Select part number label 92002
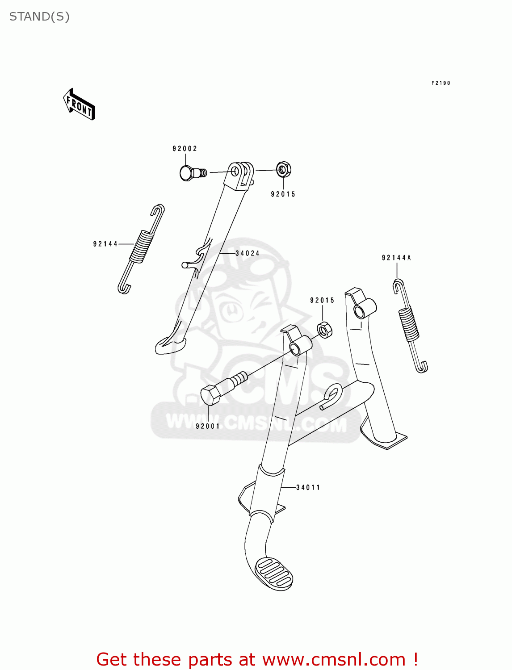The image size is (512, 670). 185,149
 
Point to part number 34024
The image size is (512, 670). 248,253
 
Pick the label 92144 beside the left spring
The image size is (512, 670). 105,244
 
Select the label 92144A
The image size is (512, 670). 396,258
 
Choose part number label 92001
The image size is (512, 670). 208,426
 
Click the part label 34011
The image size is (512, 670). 308,487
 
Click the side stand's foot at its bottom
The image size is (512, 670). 170,346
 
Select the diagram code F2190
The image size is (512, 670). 441,83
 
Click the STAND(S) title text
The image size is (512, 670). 39,17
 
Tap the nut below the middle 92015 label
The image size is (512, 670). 324,330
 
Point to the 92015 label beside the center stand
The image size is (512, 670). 322,300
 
